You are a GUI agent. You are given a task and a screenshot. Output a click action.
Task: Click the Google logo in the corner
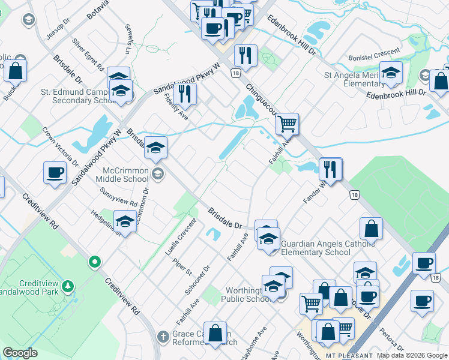click(20, 353)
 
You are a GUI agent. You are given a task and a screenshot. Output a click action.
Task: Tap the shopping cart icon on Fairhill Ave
click(287, 124)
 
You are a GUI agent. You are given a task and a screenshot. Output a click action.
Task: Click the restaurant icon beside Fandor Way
click(330, 169)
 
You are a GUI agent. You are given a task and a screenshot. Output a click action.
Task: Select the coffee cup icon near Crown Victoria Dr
click(54, 173)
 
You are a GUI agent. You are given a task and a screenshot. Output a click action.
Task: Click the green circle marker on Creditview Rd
click(94, 262)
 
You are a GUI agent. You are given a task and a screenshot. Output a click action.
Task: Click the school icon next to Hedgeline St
click(124, 222)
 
